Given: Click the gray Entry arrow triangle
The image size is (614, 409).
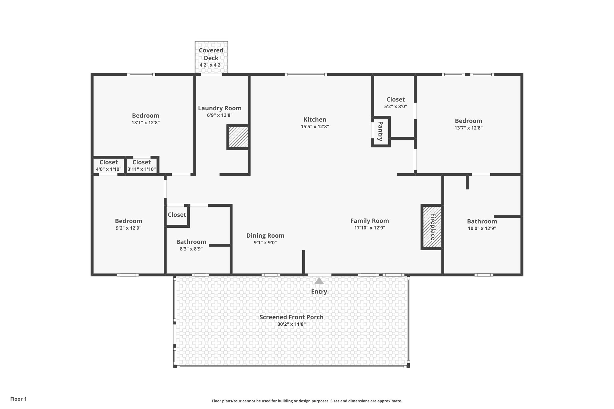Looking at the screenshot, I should point(319,281).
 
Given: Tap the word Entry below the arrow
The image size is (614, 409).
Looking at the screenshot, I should point(319,292).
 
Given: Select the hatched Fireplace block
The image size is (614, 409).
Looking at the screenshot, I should point(432,227).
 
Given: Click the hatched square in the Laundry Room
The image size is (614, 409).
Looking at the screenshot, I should point(238,137).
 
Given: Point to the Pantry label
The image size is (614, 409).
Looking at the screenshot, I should point(380,131).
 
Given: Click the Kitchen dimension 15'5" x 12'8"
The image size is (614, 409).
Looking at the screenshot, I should point(315,126).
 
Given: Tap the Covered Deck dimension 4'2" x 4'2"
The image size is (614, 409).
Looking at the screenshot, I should point(211,65).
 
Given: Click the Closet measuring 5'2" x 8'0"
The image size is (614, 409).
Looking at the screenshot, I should point(395,102).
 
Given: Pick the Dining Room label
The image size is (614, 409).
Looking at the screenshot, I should point(265,236).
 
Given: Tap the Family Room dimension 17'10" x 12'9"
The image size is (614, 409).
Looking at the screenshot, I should point(369,228).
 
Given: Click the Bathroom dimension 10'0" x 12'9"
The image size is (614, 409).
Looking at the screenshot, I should point(482,228).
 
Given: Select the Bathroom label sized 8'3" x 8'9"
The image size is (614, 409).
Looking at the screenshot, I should point(191,242).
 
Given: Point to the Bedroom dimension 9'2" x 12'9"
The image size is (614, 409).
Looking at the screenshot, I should point(129,228).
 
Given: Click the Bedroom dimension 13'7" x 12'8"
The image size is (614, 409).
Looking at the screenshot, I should point(468,128).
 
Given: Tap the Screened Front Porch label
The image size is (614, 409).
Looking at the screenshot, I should point(291,317).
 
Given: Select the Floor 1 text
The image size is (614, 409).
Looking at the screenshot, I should point(19,399).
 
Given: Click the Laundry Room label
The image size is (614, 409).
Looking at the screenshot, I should point(219,108).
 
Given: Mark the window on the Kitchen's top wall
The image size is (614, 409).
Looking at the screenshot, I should point(306,74).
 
